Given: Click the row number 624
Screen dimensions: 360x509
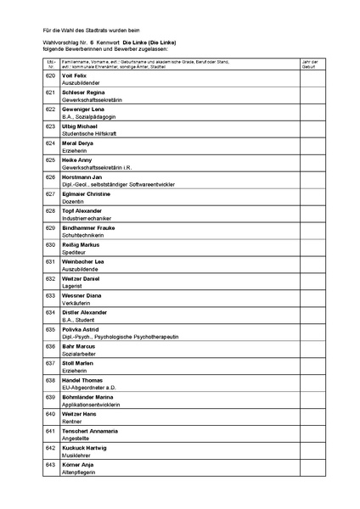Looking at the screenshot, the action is [x=50, y=143].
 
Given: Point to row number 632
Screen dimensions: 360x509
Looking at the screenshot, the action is [x=50, y=278].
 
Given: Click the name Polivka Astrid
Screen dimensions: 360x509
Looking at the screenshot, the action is [x=81, y=328].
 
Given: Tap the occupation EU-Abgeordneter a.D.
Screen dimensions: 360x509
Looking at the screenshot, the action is [x=87, y=388].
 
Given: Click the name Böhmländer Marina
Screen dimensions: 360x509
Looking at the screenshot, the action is [x=88, y=396].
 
